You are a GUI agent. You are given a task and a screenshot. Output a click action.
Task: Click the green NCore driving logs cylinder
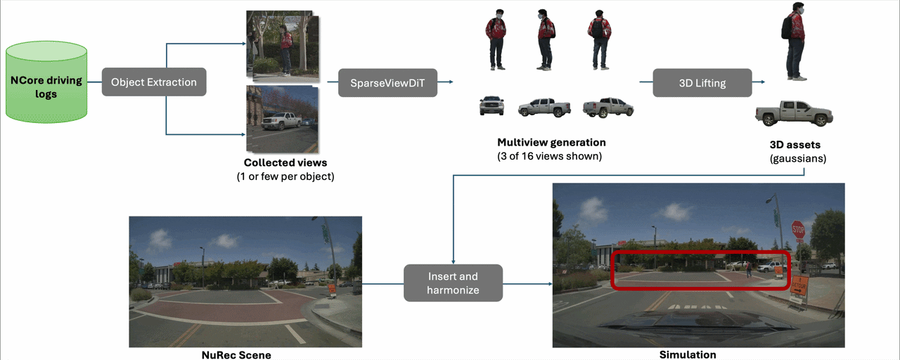[46, 82]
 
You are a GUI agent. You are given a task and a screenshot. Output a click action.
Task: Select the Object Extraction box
[154, 82]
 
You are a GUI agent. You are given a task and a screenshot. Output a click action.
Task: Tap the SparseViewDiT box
[387, 83]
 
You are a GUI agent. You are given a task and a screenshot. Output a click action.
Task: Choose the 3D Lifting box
[702, 83]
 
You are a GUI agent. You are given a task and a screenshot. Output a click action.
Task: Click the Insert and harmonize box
[454, 283]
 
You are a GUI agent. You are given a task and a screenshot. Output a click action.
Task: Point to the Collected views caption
[285, 162]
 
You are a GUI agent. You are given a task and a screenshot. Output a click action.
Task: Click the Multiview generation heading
[551, 143]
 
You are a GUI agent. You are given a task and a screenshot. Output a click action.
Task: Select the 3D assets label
[795, 145]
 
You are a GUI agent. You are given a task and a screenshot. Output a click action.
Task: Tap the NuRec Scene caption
[236, 355]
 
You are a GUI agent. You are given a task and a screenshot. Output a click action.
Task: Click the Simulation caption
[688, 354]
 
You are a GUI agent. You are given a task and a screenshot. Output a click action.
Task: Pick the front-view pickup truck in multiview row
[491, 105]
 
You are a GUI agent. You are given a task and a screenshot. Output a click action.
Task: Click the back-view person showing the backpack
[600, 40]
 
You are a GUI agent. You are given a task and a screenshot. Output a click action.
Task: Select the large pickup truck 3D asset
[794, 113]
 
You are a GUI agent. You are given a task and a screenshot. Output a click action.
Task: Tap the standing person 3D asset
[794, 41]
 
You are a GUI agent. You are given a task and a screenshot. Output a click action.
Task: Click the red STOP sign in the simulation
[798, 229]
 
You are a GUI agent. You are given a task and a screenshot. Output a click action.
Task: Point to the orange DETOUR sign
[799, 285]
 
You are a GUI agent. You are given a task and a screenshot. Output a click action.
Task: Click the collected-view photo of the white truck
[283, 119]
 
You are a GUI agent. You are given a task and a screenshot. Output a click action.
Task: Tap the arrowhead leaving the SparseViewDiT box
[451, 82]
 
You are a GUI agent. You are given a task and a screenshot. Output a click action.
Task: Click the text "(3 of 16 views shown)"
[549, 156]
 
